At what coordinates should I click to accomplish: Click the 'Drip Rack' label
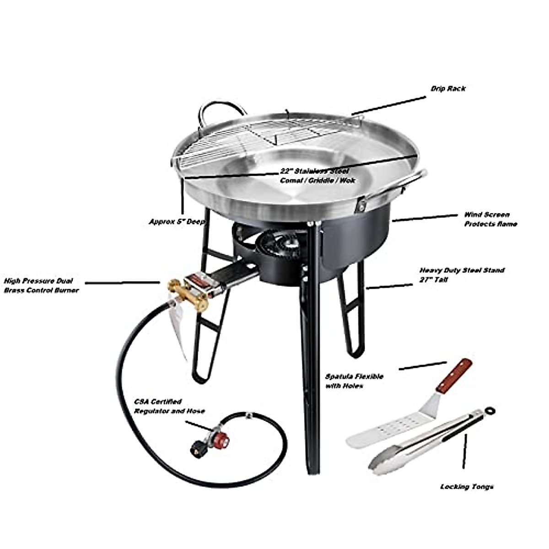click(448, 89)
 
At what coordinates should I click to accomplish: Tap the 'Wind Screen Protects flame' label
click(490, 219)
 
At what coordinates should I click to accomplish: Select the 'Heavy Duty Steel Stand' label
click(462, 274)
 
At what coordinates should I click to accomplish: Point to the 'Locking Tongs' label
click(467, 487)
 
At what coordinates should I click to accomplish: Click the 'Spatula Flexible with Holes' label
click(354, 381)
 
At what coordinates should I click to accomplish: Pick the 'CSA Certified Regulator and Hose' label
click(169, 406)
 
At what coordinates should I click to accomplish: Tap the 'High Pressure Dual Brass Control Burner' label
click(41, 285)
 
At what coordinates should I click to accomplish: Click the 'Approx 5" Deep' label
click(177, 221)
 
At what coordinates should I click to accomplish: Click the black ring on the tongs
click(491, 409)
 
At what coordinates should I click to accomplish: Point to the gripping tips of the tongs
click(382, 462)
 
